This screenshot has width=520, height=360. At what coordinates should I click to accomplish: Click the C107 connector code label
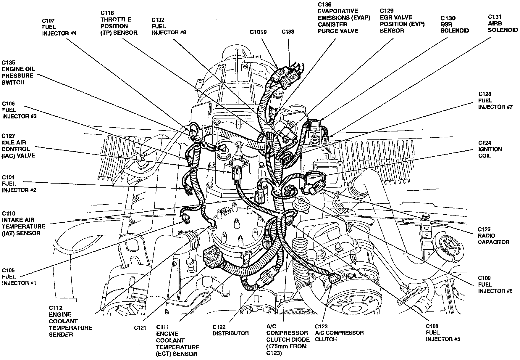coord(49,21)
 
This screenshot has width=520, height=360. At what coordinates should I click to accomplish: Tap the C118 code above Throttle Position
coord(107,13)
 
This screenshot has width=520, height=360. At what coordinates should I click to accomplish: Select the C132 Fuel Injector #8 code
coord(158,20)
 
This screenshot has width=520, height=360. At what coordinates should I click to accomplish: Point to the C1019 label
coord(258,32)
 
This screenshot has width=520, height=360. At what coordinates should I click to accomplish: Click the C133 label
coord(288,32)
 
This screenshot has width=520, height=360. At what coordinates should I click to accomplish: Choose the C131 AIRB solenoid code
coord(494,17)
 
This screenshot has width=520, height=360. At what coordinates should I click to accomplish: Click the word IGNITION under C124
coord(490,149)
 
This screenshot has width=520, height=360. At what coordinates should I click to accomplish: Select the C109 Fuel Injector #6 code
coord(485,278)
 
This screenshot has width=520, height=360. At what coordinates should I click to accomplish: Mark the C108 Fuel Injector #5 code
coord(432,326)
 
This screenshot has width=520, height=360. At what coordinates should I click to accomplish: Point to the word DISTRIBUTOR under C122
coord(231,333)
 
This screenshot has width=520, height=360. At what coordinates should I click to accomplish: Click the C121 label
coord(140,328)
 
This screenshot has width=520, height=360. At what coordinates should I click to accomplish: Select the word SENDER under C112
coord(61,335)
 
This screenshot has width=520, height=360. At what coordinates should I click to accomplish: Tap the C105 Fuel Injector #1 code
coord(8,270)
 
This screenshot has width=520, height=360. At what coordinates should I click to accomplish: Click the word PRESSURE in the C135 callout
coord(17,75)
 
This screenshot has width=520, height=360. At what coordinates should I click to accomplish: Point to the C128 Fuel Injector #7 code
coord(485,94)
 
